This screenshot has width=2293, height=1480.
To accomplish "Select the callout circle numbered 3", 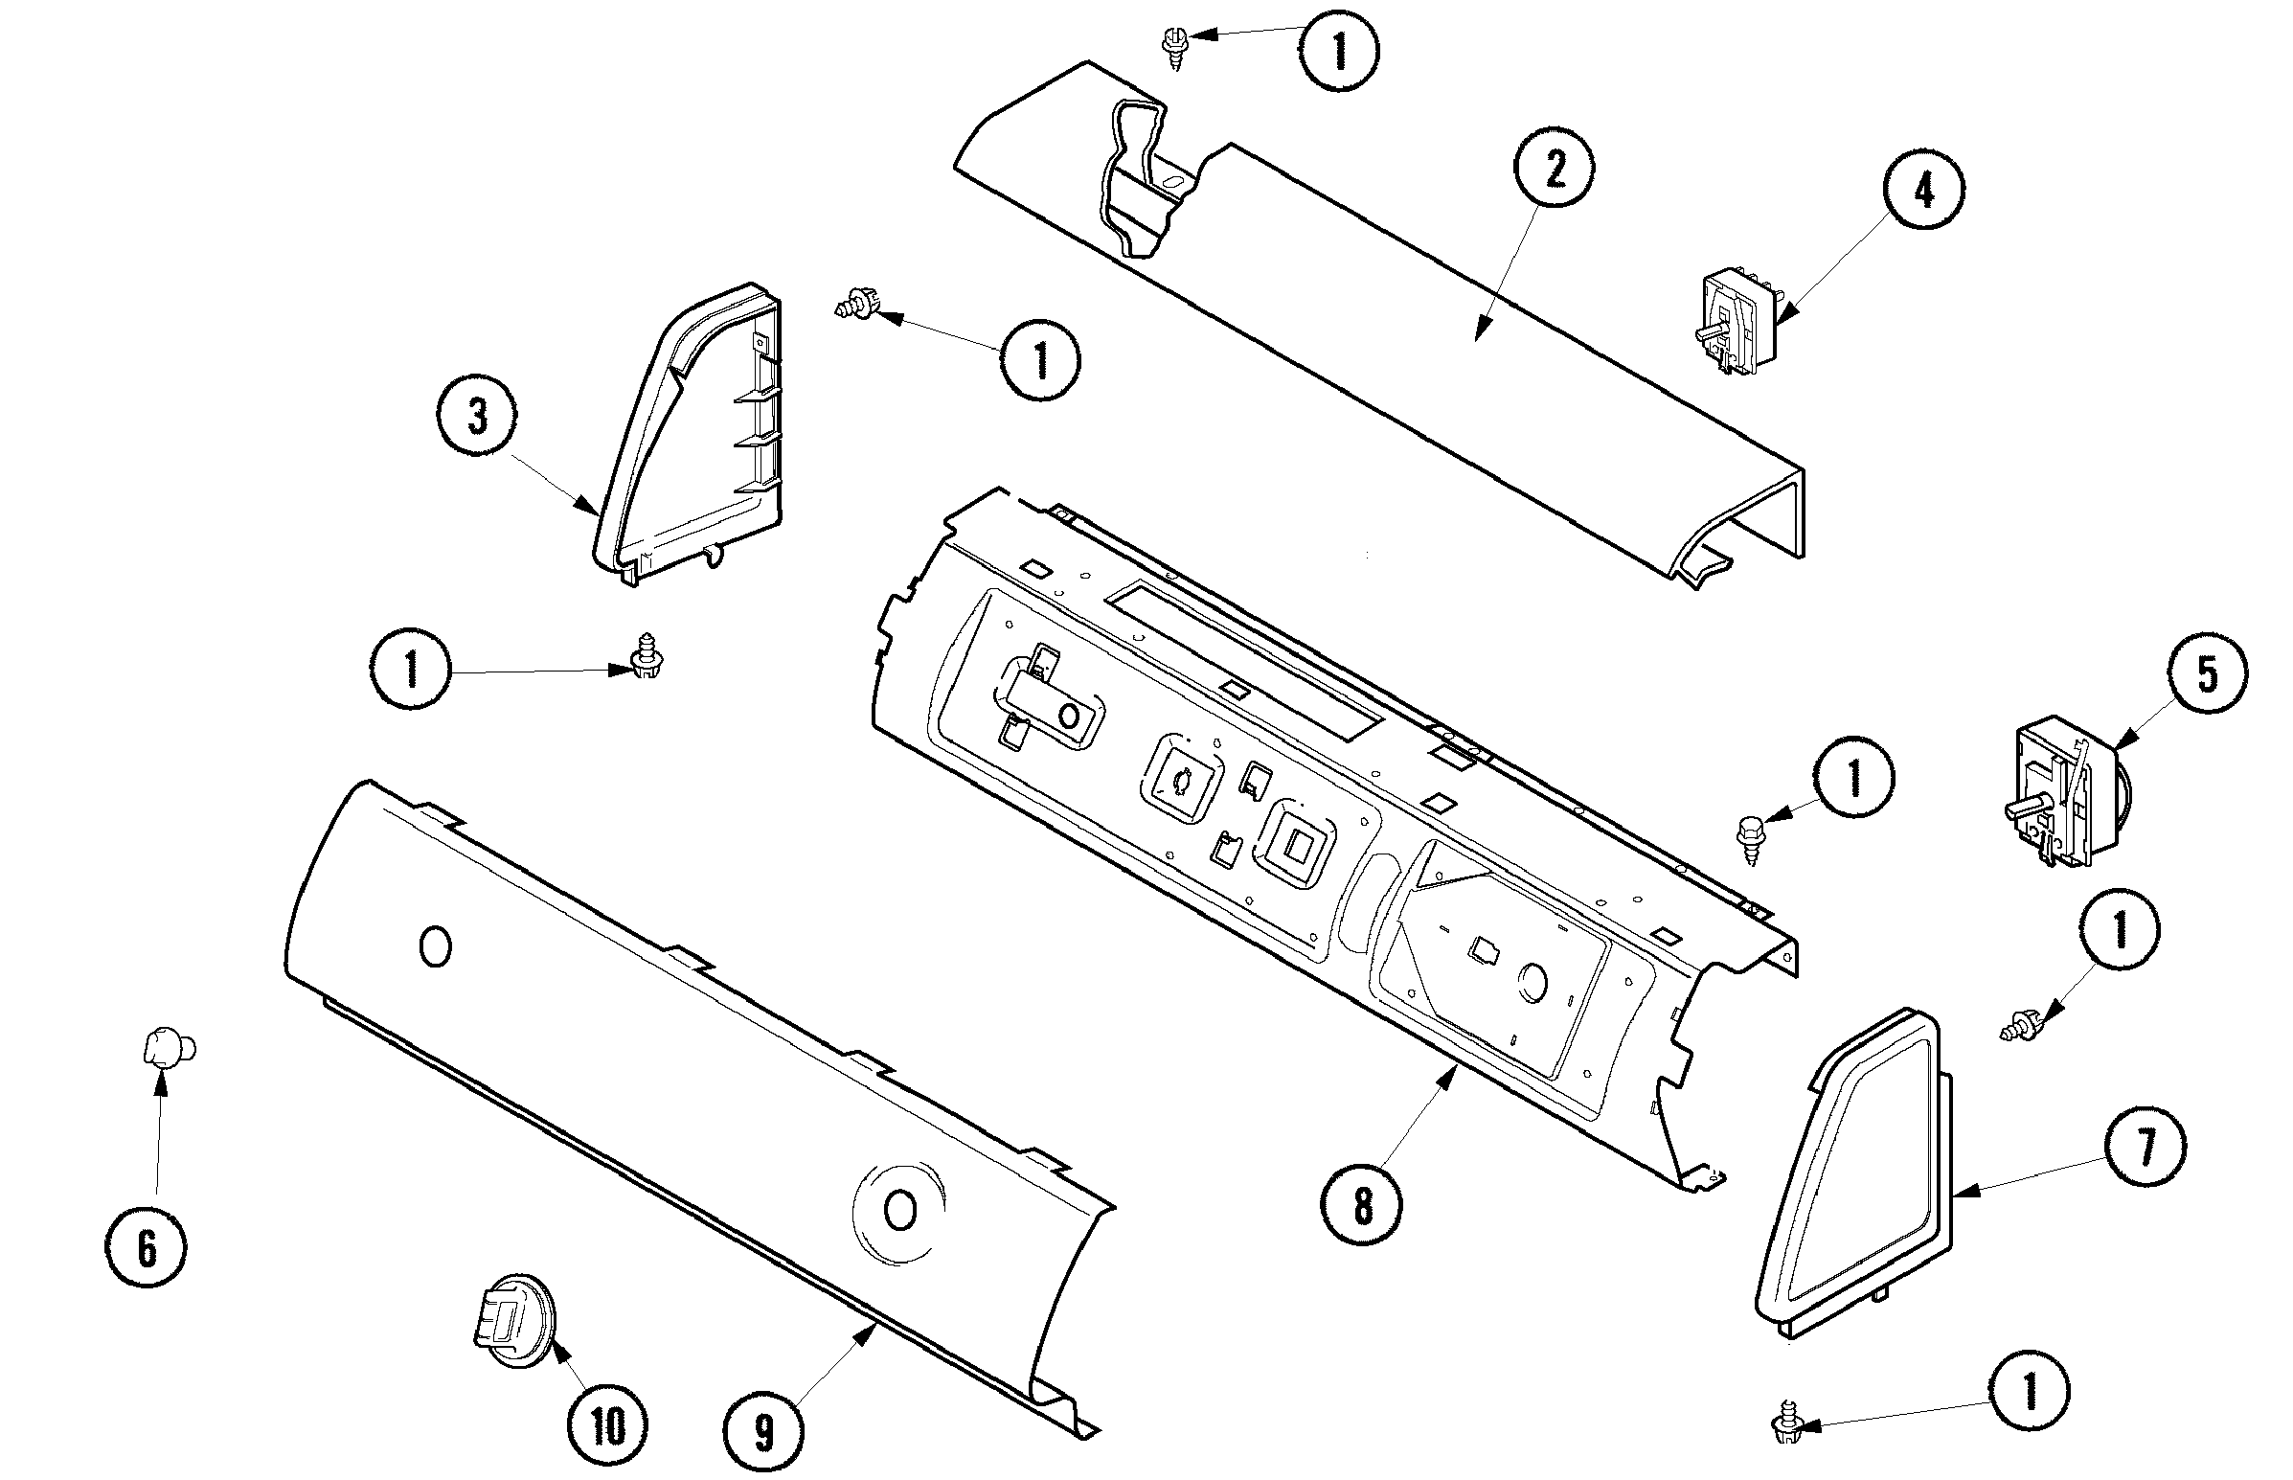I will coord(477,418).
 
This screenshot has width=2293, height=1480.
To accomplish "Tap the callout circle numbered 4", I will coord(1923,193).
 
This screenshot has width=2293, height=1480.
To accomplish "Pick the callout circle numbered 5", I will coord(2208,673).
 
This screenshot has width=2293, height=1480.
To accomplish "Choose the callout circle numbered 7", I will coord(2145,1147).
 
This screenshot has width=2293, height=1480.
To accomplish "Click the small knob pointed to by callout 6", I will coord(168,1047).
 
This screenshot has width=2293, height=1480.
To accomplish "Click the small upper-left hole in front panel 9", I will coord(435,947).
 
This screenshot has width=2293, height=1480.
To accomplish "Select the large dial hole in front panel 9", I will coord(900,1211).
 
